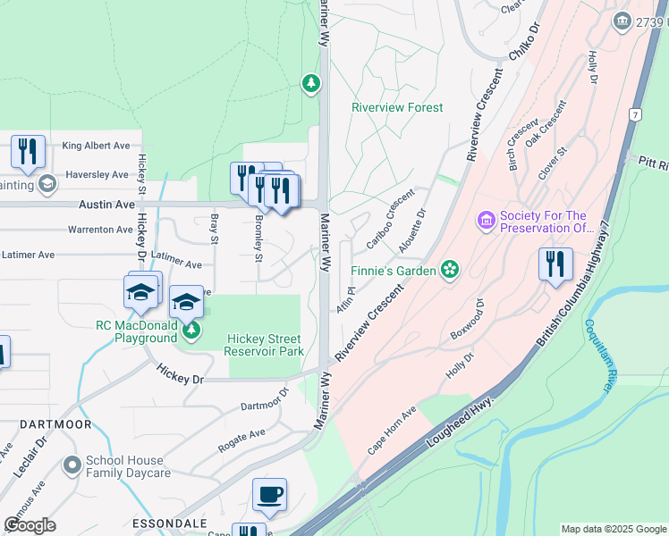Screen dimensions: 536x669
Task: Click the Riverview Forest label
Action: [x=397, y=108]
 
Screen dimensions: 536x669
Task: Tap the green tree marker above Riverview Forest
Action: [x=310, y=84]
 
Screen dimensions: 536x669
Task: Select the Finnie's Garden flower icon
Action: [x=451, y=269]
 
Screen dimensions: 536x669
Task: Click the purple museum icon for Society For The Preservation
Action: [x=487, y=220]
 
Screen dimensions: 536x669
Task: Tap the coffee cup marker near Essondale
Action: [x=269, y=495]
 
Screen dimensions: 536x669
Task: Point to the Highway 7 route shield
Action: [x=634, y=114]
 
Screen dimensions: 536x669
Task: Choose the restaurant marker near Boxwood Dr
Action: [x=555, y=264]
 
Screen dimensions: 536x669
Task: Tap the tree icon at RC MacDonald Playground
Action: [x=191, y=331]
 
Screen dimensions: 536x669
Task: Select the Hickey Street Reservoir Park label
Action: [x=264, y=345]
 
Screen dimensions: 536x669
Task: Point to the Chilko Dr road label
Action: [x=525, y=42]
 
